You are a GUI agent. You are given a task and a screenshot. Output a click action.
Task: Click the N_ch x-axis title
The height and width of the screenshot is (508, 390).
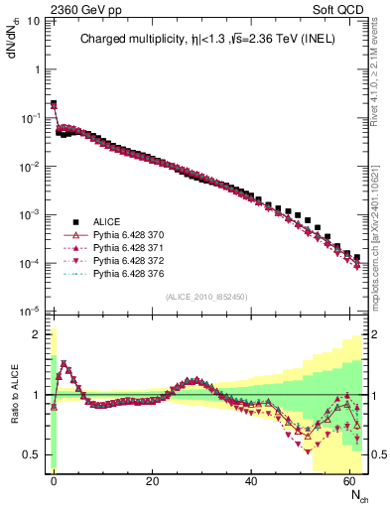(354, 492)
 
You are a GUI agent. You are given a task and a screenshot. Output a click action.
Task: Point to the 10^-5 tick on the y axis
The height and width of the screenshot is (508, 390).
(33, 311)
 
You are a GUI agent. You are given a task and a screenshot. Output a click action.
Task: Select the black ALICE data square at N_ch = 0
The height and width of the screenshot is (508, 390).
(54, 103)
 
